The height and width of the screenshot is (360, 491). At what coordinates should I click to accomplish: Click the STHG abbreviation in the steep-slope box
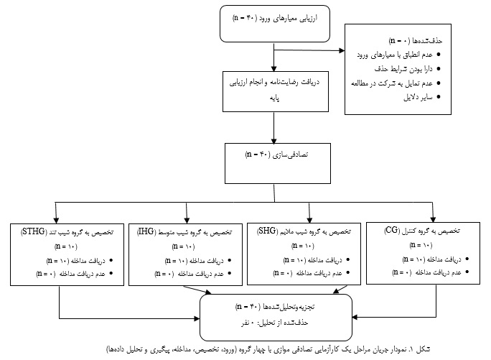(x=34, y=232)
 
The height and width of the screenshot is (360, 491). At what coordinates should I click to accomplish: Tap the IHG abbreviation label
(x=146, y=232)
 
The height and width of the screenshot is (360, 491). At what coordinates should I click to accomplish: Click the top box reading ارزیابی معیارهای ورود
(x=275, y=24)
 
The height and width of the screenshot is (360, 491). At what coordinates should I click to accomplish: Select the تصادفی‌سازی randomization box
(x=277, y=163)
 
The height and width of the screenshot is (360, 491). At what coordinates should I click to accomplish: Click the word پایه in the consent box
(x=275, y=98)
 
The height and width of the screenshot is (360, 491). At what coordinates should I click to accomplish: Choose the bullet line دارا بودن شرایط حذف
(x=408, y=69)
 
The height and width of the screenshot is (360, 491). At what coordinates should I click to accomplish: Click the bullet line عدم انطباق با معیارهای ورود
(x=398, y=55)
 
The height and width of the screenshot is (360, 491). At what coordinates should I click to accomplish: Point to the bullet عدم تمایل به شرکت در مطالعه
(x=396, y=83)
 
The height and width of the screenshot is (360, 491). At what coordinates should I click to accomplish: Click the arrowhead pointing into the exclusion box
(x=342, y=50)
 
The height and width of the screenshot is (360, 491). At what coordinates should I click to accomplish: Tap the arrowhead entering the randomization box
(x=274, y=141)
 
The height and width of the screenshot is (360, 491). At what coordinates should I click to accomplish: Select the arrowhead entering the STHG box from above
(x=56, y=220)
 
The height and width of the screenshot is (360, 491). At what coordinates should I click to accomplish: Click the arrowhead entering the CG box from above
(x=433, y=219)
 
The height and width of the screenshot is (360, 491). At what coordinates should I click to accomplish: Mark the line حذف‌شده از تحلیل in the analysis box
(x=275, y=323)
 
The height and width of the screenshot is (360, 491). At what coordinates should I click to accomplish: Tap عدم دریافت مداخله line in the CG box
(x=430, y=272)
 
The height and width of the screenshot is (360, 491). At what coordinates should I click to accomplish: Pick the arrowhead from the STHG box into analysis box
(x=197, y=318)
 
